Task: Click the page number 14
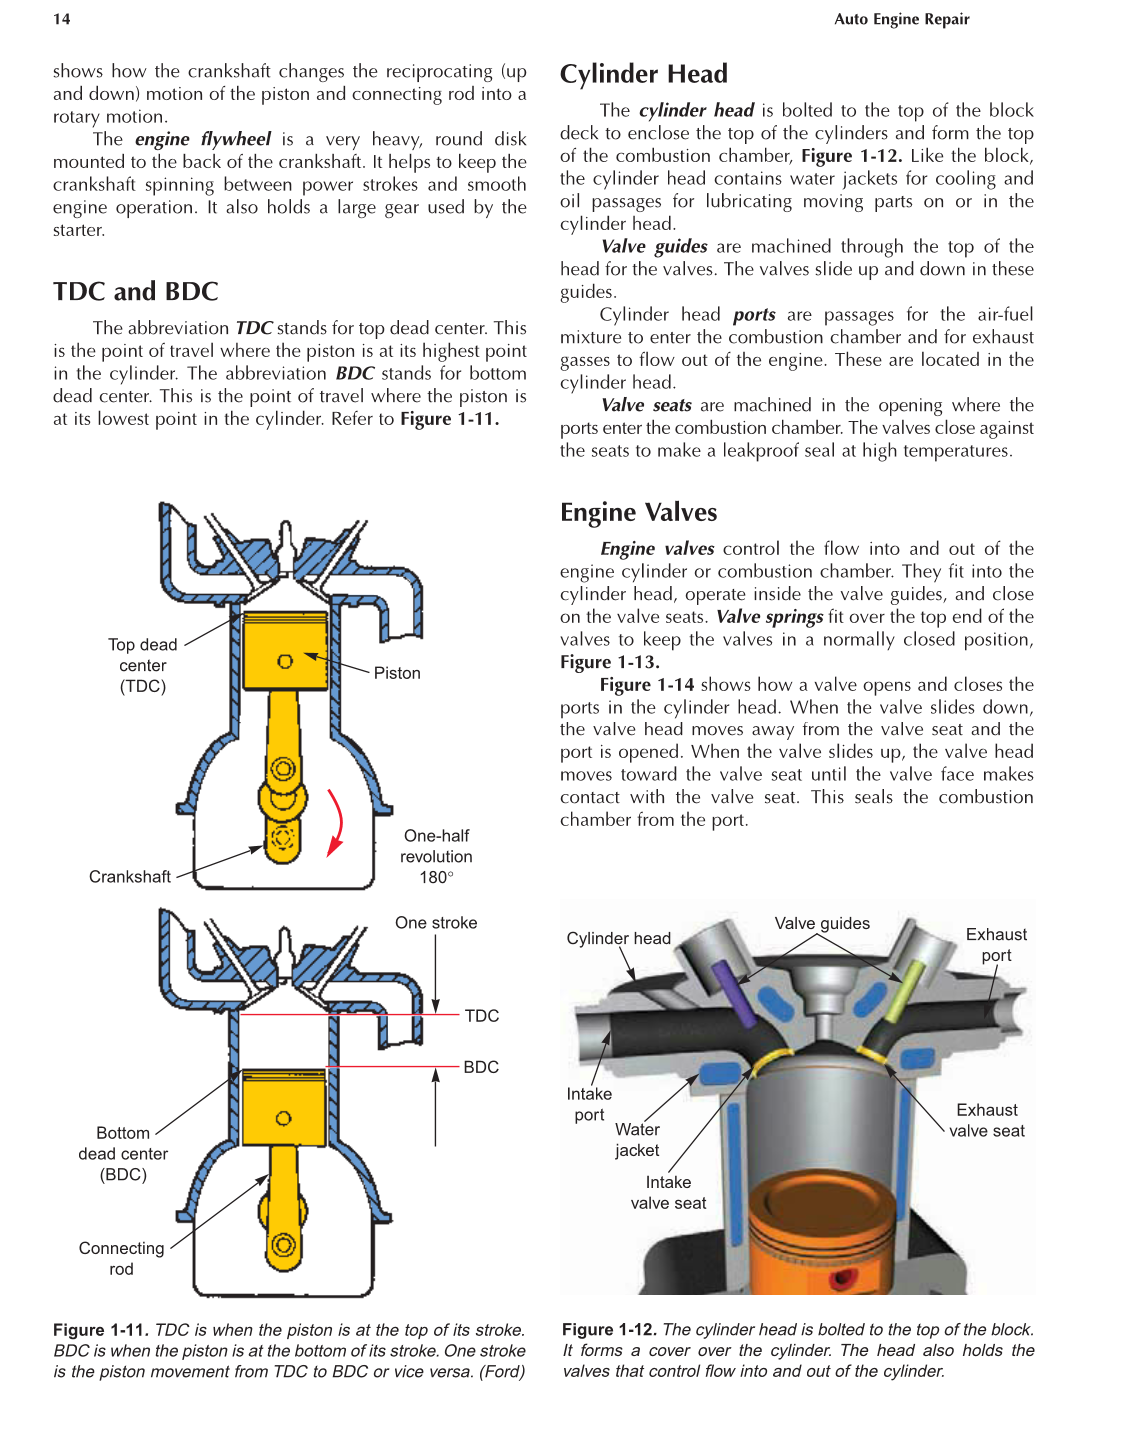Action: (x=62, y=19)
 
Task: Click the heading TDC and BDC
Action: (x=135, y=291)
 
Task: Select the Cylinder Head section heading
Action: (x=643, y=74)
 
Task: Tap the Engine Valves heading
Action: (x=638, y=512)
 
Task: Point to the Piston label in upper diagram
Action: (x=397, y=673)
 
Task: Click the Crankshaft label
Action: (x=130, y=877)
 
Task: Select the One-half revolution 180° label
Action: (x=436, y=856)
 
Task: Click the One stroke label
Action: (x=436, y=923)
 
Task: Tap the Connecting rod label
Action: (x=121, y=1258)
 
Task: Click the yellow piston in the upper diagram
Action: (x=285, y=651)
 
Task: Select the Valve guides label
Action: (x=822, y=923)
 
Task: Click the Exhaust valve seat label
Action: (x=987, y=1120)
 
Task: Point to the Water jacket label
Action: (x=637, y=1139)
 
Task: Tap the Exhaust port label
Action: (x=996, y=944)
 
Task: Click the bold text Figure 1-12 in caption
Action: (x=609, y=1329)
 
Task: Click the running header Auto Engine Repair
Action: (x=901, y=19)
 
